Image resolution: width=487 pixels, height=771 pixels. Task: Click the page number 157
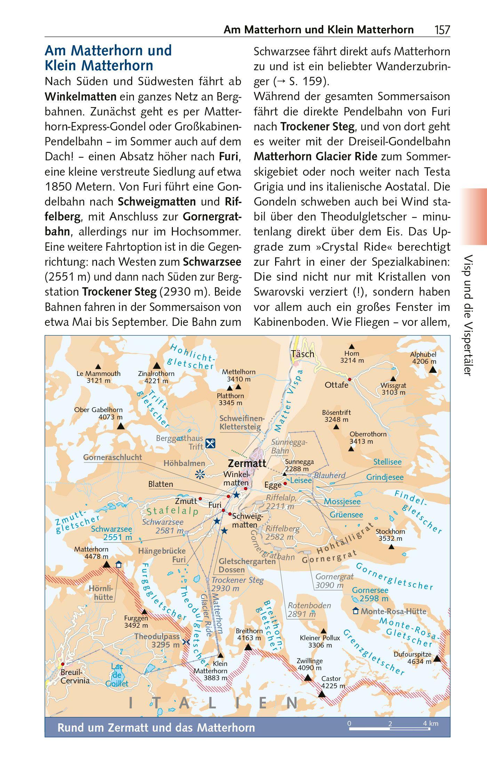[x=442, y=30]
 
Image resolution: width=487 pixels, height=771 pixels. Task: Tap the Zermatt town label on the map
[x=247, y=463]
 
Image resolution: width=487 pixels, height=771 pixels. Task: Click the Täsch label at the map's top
[x=303, y=354]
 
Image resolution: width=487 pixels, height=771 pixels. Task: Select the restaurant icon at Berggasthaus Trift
[x=210, y=443]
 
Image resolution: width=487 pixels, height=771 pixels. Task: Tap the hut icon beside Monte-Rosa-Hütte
[x=356, y=611]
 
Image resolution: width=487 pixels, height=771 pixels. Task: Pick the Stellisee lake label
[x=387, y=462]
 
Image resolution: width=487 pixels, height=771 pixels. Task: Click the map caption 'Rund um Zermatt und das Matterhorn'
[x=156, y=728]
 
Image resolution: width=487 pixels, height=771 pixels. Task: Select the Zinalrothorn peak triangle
[x=157, y=366]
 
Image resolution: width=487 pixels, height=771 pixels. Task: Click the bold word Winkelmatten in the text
[x=81, y=96]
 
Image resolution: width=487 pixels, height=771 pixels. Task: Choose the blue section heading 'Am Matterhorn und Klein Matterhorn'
[x=108, y=58]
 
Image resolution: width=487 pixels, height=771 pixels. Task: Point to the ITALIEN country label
[x=213, y=703]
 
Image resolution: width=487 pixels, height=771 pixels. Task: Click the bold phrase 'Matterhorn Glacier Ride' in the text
[x=315, y=156]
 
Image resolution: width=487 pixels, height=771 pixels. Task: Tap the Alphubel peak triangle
[x=433, y=370]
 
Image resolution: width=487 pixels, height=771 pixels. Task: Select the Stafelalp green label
[x=172, y=511]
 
